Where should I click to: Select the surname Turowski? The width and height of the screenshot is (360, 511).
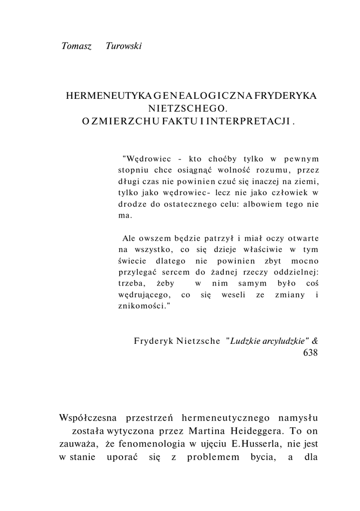click(124, 46)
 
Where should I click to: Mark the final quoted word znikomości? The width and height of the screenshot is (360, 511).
click(143, 306)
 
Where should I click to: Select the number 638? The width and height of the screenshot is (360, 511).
click(310, 353)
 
